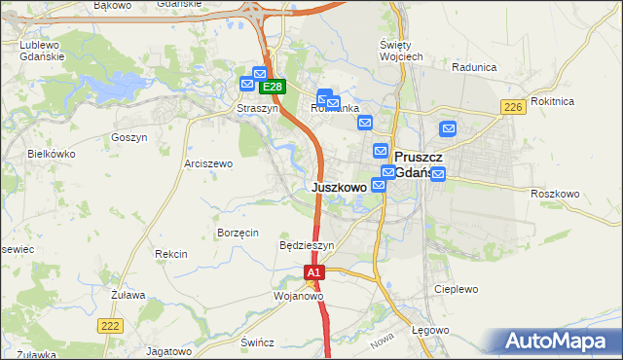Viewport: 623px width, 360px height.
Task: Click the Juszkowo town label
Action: [340, 186]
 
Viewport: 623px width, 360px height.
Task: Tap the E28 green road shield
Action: [272, 87]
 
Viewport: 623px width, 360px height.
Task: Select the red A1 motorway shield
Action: [312, 273]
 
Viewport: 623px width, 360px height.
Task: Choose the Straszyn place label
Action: [258, 109]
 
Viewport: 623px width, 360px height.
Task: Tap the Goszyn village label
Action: [128, 137]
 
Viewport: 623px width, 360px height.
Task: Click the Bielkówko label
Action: [52, 154]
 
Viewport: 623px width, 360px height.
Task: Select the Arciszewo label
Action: [208, 163]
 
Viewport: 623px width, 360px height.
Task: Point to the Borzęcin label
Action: [238, 233]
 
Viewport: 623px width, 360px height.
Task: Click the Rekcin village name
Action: [170, 254]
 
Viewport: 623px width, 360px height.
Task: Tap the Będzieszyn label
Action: [307, 246]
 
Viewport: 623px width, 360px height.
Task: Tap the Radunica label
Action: [475, 68]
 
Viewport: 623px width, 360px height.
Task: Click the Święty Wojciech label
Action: [400, 51]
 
